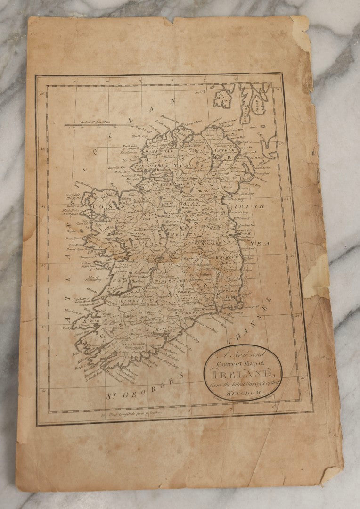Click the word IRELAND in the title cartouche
243,374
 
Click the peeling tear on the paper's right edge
315,282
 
